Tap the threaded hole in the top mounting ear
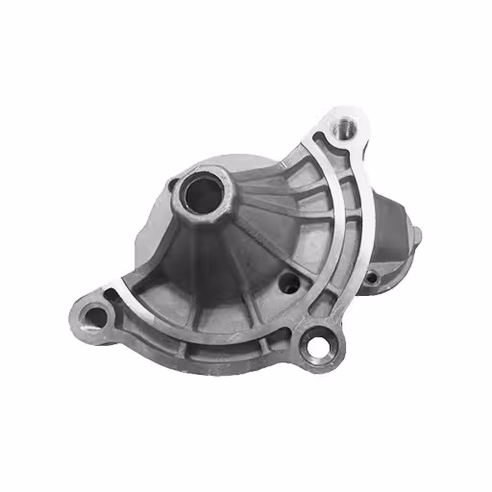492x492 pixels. pyautogui.click(x=340, y=124)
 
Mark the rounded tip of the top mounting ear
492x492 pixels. pyautogui.click(x=346, y=108)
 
